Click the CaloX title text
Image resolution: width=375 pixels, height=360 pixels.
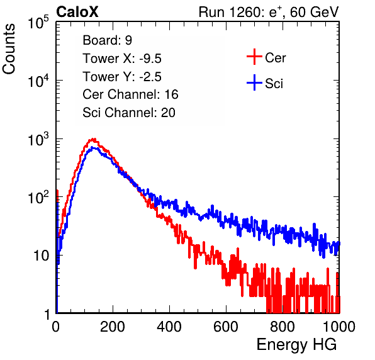(x=77, y=12)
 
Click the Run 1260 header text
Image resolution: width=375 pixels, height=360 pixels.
(x=269, y=12)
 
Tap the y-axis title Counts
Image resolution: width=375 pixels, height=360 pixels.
(x=9, y=49)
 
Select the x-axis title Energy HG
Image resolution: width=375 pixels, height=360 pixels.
(x=296, y=345)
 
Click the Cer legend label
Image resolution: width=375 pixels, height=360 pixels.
(x=275, y=58)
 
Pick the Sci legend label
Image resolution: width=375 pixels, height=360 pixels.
(x=274, y=84)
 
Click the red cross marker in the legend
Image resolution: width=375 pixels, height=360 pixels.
(x=254, y=57)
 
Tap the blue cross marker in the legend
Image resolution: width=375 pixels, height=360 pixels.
(x=254, y=82)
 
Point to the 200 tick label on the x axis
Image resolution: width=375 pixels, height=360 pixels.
(x=113, y=327)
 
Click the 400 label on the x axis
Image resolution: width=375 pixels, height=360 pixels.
(x=169, y=327)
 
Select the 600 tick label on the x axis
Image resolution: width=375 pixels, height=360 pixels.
(x=226, y=327)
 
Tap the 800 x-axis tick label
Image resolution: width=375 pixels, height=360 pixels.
(x=283, y=327)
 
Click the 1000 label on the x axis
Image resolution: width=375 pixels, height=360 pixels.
(x=339, y=327)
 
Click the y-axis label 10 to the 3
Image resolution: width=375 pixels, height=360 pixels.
(x=38, y=140)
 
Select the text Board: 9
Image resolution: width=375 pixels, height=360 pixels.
(x=107, y=40)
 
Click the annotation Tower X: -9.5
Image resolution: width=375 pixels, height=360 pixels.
(x=122, y=59)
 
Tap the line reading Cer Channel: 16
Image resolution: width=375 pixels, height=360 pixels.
(x=130, y=94)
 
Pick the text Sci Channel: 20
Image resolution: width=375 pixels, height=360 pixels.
(x=129, y=113)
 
